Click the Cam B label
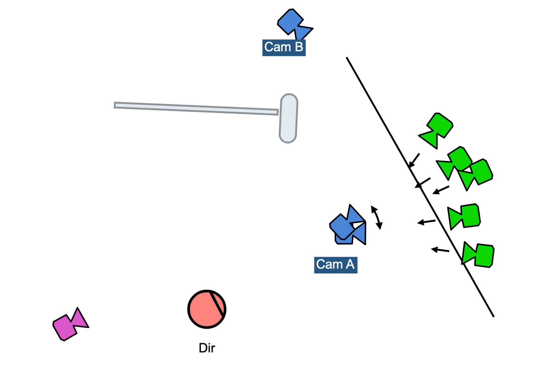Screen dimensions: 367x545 (284, 47)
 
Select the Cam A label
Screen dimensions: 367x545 (335, 265)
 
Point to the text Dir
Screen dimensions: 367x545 (207, 348)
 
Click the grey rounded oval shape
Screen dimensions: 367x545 (288, 118)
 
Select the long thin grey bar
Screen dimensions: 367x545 (196, 108)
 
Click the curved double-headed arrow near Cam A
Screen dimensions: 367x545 (377, 217)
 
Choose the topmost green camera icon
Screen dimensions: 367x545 (437, 129)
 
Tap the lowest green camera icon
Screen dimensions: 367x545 (479, 255)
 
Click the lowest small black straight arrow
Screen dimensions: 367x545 (440, 250)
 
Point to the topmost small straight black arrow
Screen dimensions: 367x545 (414, 161)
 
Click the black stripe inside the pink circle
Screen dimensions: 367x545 (217, 306)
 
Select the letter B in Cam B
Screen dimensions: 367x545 (299, 47)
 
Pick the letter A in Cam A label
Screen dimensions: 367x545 (350, 264)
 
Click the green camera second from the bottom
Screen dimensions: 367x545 (464, 216)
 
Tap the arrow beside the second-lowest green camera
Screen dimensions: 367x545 (426, 222)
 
